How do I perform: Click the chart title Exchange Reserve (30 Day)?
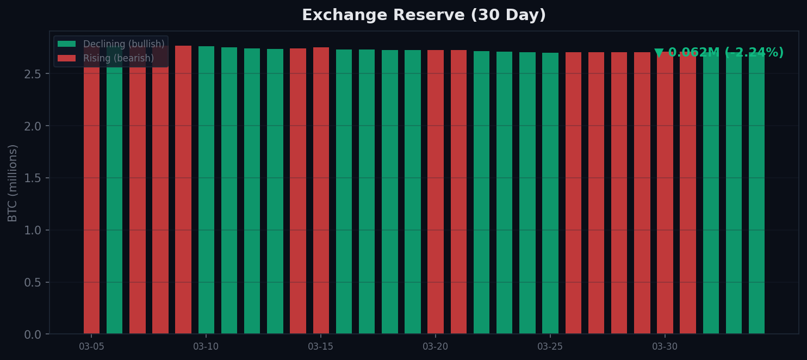click(424, 15)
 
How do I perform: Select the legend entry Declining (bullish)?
click(123, 44)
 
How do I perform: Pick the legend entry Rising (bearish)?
click(118, 58)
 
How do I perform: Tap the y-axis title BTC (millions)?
click(13, 183)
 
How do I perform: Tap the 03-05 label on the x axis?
click(91, 347)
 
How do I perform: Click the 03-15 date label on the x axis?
click(321, 347)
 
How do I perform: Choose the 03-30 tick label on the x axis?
click(665, 347)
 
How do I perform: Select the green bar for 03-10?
click(206, 190)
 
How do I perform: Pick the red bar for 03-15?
click(321, 190)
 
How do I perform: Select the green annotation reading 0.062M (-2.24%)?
click(719, 53)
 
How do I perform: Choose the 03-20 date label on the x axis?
click(436, 347)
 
